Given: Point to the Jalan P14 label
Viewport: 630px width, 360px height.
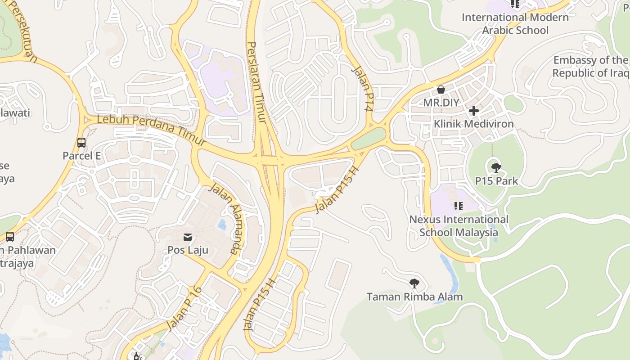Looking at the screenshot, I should point(363,88).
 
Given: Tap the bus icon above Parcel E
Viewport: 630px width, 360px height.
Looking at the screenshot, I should point(81,143).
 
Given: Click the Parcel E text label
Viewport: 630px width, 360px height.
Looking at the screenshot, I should point(81,156).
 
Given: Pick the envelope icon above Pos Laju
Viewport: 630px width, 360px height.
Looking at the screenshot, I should point(188,237).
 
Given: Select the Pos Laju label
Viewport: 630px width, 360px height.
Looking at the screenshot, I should point(188,249).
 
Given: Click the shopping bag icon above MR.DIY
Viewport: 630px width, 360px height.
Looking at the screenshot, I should point(441,90).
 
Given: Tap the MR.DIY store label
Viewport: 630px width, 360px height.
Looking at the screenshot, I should point(441,103).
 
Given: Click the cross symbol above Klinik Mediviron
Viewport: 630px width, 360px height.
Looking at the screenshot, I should point(473,111).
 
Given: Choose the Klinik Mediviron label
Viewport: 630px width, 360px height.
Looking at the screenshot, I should point(473,124).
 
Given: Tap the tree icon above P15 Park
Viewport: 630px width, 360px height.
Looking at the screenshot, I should point(496,168).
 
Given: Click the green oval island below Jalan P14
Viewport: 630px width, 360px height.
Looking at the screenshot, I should point(369,139).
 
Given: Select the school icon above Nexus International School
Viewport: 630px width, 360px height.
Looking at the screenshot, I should point(458,206).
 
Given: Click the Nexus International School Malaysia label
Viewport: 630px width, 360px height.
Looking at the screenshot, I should point(459,226).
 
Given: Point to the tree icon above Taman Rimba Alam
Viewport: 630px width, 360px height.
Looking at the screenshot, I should point(414,283).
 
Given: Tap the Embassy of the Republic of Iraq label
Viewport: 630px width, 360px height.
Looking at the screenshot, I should point(590,67).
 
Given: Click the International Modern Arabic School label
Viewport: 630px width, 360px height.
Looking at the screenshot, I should point(515,24).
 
